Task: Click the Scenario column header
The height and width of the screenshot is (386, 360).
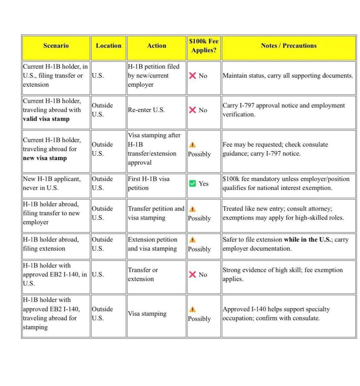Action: pyautogui.click(x=56, y=46)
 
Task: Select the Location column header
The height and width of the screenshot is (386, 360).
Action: pyautogui.click(x=108, y=46)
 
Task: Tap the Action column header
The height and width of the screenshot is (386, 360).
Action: pyautogui.click(x=156, y=46)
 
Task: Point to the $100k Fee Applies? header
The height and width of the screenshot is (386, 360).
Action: pyautogui.click(x=204, y=46)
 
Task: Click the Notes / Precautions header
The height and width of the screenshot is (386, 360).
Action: pyautogui.click(x=289, y=46)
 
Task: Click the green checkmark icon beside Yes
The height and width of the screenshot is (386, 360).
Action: pyautogui.click(x=193, y=184)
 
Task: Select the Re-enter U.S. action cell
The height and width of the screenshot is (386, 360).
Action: pyautogui.click(x=146, y=110)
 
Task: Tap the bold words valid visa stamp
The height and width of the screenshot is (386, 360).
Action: pyautogui.click(x=46, y=119)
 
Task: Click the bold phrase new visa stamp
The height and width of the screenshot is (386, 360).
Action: pyautogui.click(x=45, y=158)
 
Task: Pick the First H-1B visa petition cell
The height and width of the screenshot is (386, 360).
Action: pyautogui.click(x=148, y=183)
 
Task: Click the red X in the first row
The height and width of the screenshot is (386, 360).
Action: pyautogui.click(x=193, y=76)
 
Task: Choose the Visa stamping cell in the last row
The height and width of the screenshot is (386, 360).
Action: pyautogui.click(x=147, y=314)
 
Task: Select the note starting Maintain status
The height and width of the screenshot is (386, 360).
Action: pyautogui.click(x=288, y=76)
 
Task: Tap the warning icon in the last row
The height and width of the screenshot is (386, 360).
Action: pyautogui.click(x=193, y=310)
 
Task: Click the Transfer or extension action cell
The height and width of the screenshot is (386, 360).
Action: pyautogui.click(x=143, y=275)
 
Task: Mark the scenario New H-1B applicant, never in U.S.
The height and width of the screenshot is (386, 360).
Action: pyautogui.click(x=52, y=183)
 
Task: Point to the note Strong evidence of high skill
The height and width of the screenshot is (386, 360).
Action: pyautogui.click(x=283, y=275)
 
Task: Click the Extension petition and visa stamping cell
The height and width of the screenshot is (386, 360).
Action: pyautogui.click(x=152, y=244)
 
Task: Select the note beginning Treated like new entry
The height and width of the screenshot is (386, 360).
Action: pyautogui.click(x=283, y=213)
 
